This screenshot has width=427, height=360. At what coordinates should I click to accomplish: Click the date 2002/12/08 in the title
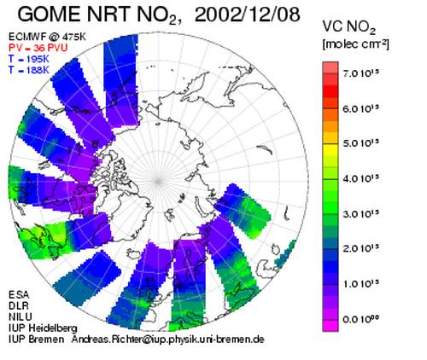247,15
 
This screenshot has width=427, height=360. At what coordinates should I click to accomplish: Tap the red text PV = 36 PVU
38,48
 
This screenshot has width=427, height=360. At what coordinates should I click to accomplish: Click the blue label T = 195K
29,59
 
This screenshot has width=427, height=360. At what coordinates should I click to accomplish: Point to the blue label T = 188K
29,70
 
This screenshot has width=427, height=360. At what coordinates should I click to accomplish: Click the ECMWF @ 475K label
47,37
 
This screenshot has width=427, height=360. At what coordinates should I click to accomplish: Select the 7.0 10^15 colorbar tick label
361,73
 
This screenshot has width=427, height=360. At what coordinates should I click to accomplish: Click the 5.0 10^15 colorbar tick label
361,143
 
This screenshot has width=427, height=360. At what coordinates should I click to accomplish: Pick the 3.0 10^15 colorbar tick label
361,213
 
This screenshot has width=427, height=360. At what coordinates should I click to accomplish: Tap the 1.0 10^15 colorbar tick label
361,284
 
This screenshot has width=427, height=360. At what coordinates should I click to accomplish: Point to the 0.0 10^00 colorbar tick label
361,319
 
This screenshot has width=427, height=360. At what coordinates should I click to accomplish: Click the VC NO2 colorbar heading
349,28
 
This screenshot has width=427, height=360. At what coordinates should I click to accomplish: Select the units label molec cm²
355,44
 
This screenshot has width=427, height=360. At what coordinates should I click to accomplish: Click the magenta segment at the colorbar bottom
330,326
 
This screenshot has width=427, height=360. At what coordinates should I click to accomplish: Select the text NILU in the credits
20,316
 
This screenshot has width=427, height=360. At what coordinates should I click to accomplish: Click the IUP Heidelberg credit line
43,328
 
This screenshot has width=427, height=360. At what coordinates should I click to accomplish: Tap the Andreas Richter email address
167,340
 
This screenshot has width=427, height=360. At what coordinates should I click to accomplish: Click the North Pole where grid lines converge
159,181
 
